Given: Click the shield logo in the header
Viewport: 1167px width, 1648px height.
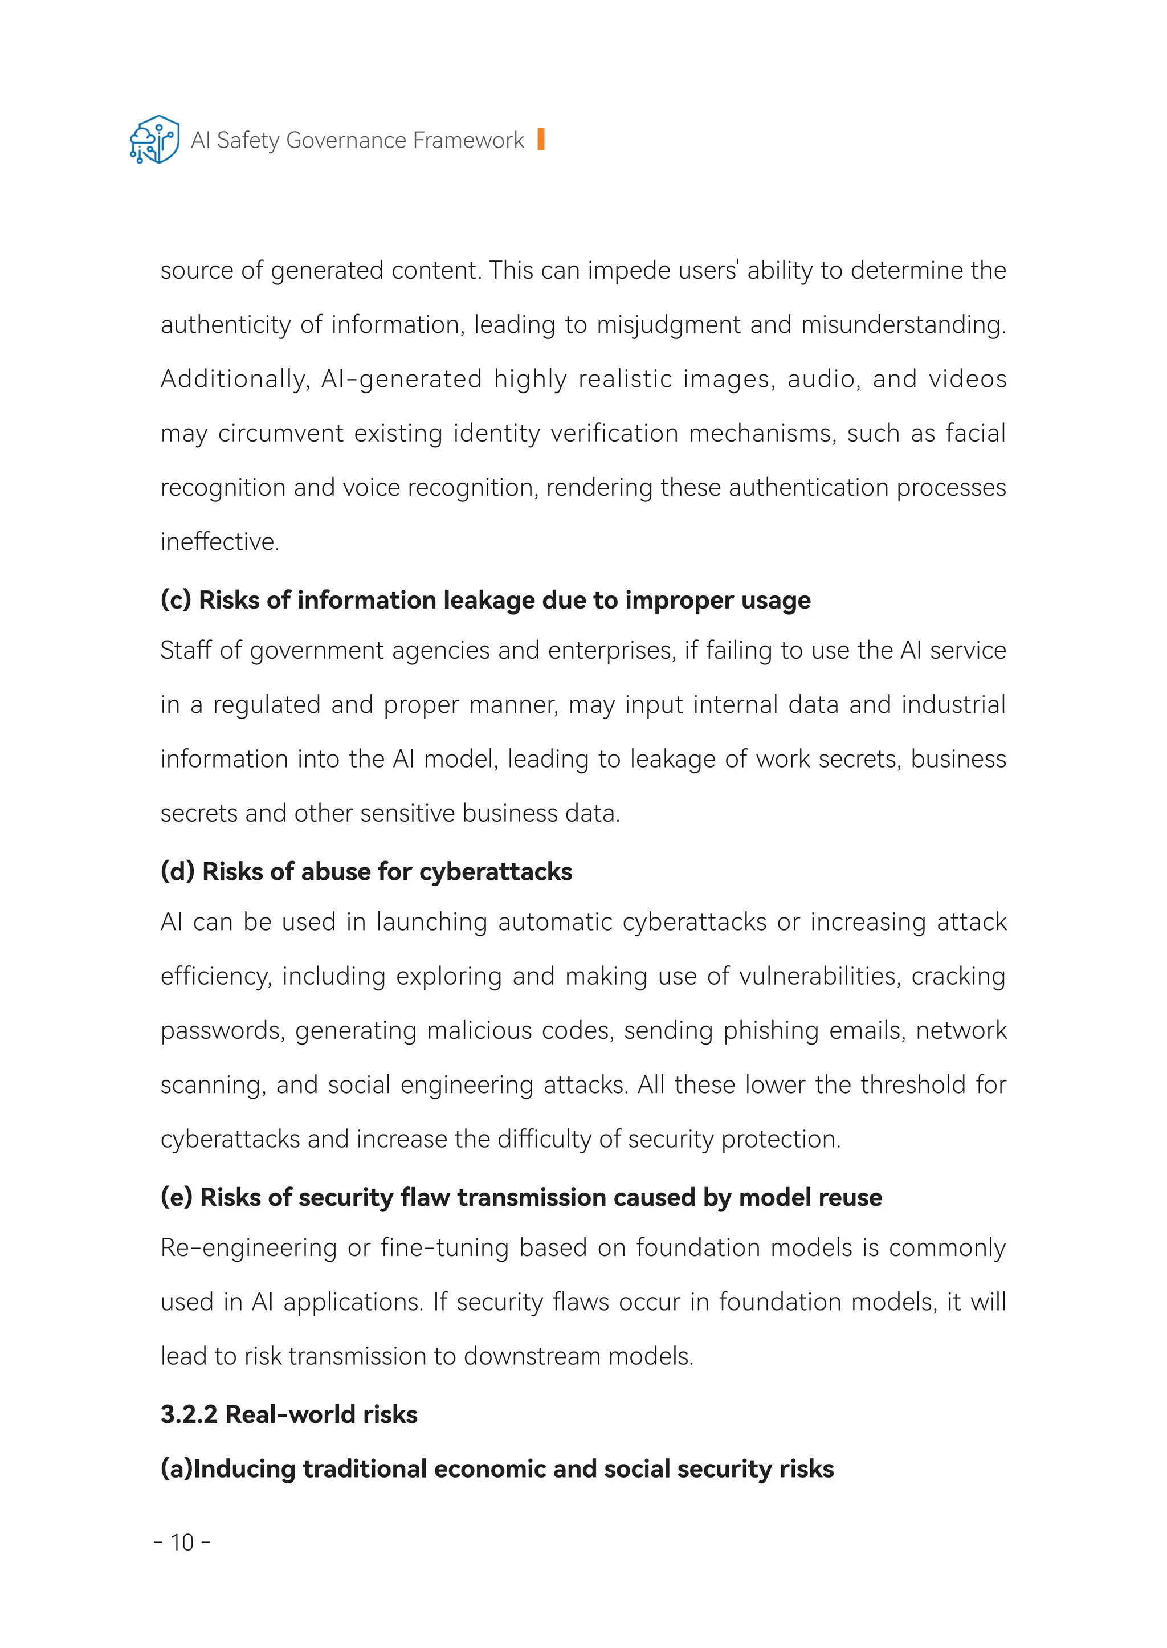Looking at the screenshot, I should click(154, 140).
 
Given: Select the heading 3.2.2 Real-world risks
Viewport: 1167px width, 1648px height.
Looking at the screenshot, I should click(289, 1414).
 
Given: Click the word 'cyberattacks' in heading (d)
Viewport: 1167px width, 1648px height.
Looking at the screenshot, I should click(495, 872).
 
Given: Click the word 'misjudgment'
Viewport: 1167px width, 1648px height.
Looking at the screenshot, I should click(668, 325).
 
